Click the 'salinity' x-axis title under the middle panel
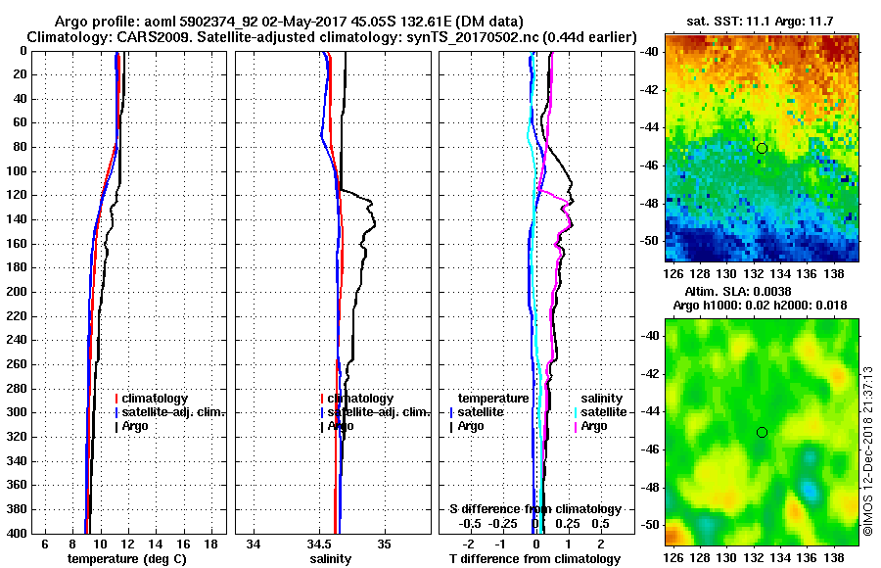pyautogui.click(x=331, y=558)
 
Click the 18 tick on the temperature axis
pyautogui.click(x=210, y=544)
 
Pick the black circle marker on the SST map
pyautogui.click(x=762, y=148)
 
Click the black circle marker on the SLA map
pyautogui.click(x=762, y=432)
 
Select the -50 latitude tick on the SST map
pyautogui.click(x=650, y=240)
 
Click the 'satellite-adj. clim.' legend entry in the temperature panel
pyautogui.click(x=175, y=412)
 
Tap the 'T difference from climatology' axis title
pyautogui.click(x=534, y=558)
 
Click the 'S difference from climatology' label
pyautogui.click(x=534, y=509)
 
